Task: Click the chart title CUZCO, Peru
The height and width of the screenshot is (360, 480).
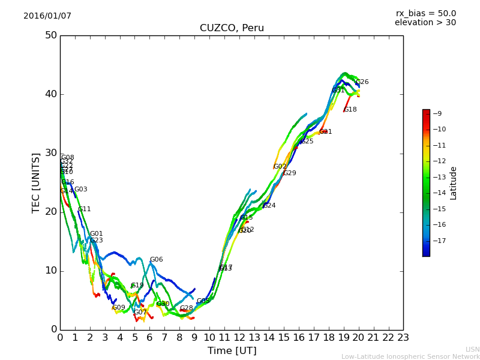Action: point(232,28)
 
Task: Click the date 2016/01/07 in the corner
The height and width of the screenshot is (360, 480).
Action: point(47,16)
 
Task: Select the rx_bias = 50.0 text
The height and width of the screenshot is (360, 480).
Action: point(425,14)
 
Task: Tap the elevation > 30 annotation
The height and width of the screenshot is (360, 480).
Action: point(425,23)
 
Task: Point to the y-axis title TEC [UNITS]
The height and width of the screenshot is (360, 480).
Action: point(36,182)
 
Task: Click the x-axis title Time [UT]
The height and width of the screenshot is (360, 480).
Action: point(232,351)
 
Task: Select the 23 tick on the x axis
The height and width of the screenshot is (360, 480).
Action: point(403,338)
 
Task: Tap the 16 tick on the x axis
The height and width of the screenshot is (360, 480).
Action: point(299,338)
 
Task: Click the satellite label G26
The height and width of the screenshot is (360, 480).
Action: point(362,82)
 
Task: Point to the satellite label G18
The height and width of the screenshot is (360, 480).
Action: point(350,110)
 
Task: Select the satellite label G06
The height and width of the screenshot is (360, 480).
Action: point(156,260)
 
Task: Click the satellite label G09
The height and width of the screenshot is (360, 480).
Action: point(119,308)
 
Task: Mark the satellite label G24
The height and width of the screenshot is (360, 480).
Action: point(269,206)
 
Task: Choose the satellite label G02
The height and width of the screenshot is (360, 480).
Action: point(280,167)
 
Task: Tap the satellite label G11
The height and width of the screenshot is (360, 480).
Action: point(85,209)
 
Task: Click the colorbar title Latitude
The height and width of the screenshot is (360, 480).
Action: point(454,183)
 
